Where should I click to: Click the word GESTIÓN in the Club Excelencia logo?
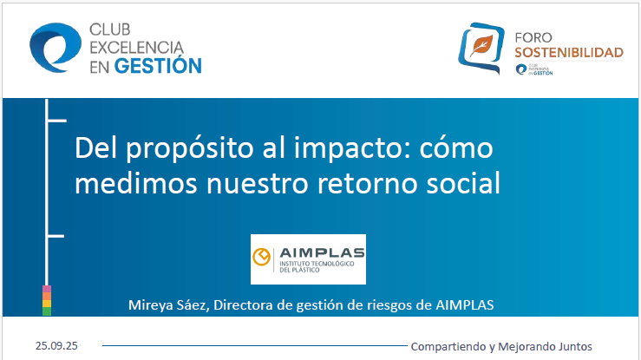tap(158, 65)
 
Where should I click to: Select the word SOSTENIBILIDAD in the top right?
tap(569, 53)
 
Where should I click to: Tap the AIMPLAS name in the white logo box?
tap(320, 253)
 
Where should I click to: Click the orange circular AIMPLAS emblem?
tap(261, 258)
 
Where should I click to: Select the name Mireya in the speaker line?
tap(150, 304)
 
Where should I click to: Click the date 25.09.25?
tap(57, 344)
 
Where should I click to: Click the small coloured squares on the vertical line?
tap(47, 299)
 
